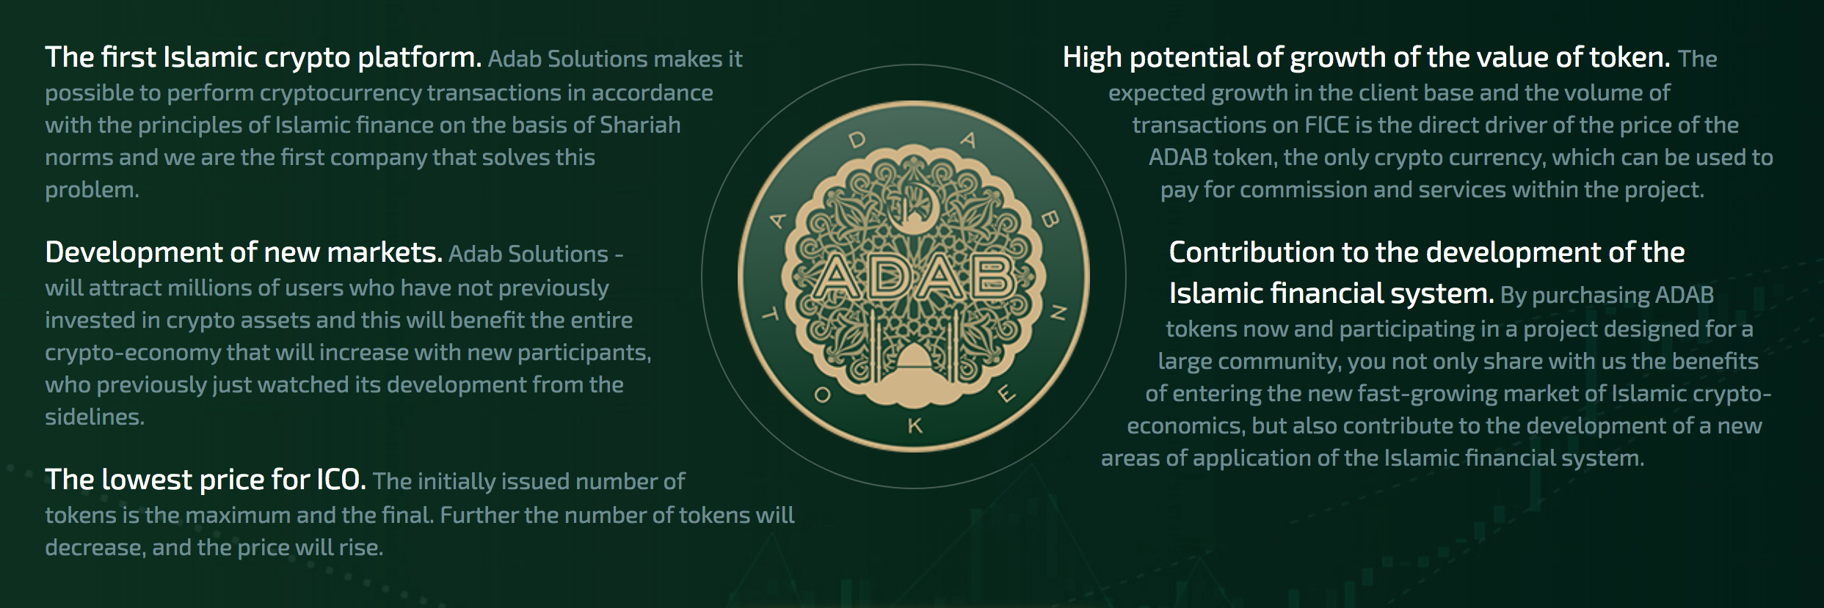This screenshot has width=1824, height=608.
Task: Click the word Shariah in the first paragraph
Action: pos(640,125)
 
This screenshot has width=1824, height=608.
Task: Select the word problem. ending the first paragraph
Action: pos(92,191)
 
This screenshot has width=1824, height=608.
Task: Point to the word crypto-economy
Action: pos(133,354)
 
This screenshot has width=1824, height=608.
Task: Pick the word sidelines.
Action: pos(95,417)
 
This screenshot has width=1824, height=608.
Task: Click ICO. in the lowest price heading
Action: pos(341,480)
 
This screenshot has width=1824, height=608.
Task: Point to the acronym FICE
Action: pos(1327,125)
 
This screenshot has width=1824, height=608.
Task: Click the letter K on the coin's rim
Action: pos(915,425)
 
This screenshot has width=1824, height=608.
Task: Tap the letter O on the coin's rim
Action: pos(823,395)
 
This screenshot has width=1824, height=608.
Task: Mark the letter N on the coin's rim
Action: pos(1058,315)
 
